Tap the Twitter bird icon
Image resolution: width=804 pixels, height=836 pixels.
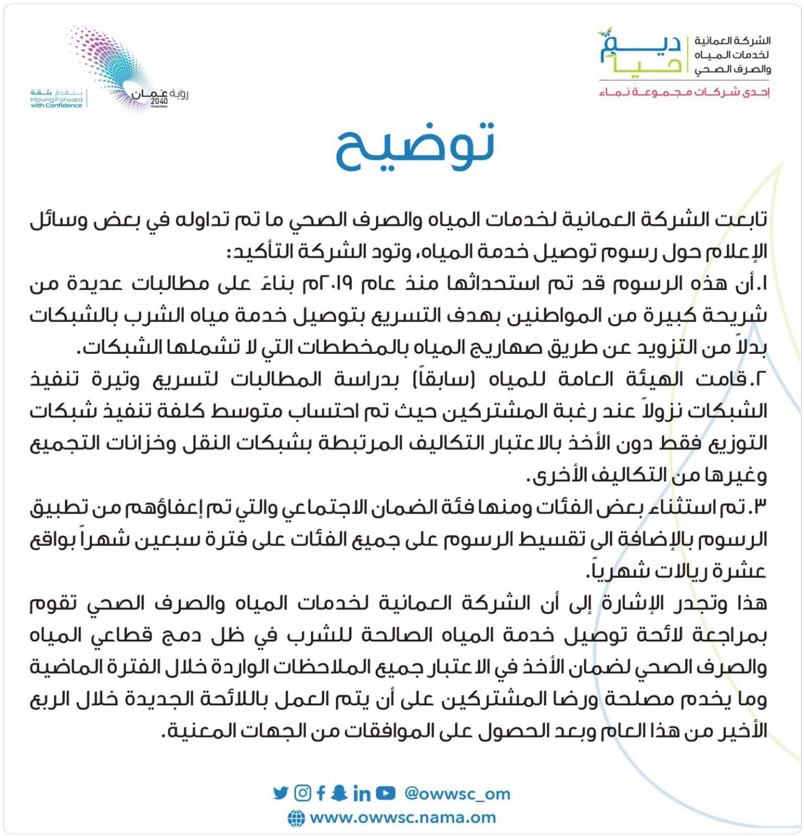point(281,793)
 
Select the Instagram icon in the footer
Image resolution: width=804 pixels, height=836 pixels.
point(302,793)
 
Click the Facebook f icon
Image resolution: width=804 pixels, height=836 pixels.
point(321,793)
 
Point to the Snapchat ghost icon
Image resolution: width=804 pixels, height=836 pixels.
point(339,793)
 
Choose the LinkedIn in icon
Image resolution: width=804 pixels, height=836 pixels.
point(361,794)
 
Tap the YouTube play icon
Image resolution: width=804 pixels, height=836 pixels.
point(385,793)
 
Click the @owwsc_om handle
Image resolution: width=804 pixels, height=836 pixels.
point(457,794)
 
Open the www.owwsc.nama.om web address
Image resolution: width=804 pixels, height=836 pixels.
point(403,817)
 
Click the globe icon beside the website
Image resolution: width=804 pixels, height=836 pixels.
point(296,818)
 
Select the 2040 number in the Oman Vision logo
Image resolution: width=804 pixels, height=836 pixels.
point(159,101)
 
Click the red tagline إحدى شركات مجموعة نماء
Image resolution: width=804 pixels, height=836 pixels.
point(684,92)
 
